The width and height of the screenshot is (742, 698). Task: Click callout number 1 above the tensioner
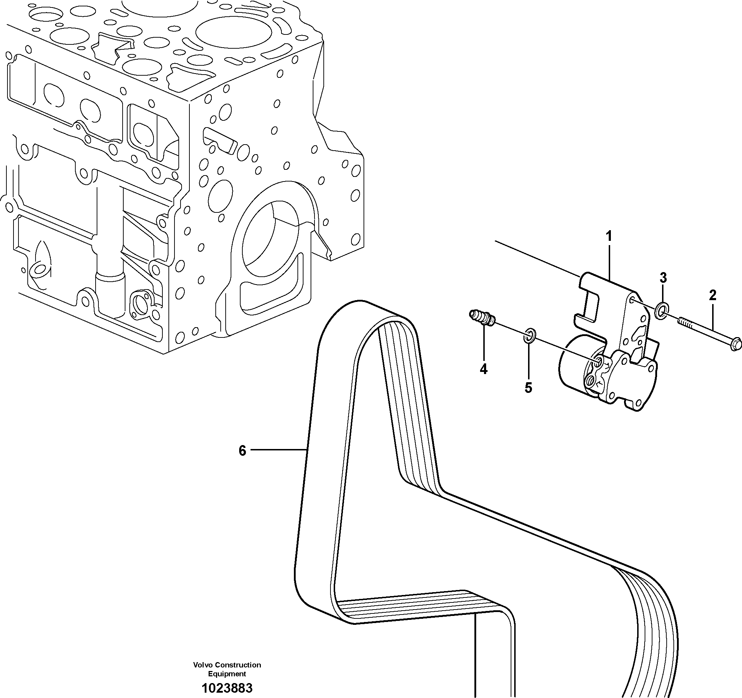tap(609, 237)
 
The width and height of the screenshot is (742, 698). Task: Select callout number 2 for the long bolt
tap(713, 296)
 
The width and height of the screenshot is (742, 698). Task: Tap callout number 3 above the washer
tap(663, 277)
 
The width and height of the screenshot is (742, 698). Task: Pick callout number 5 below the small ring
tap(528, 388)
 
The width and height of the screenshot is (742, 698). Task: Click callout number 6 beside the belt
tap(243, 451)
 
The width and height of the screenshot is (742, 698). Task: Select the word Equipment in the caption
tap(227, 673)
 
